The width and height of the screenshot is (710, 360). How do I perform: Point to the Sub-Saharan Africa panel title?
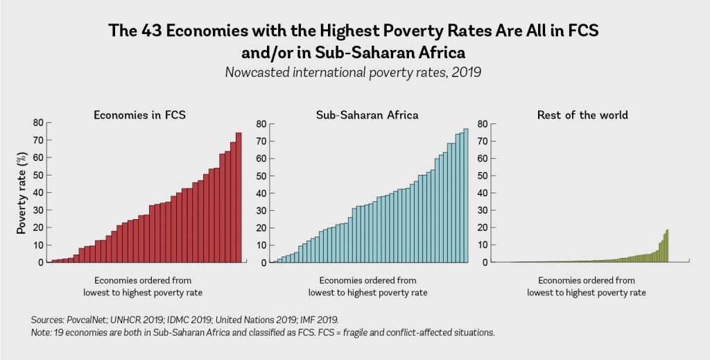[367, 114]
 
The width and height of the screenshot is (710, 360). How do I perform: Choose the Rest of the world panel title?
[582, 114]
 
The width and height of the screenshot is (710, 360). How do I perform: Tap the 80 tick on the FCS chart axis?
[38, 123]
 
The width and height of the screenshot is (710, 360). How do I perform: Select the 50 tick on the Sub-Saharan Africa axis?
[261, 176]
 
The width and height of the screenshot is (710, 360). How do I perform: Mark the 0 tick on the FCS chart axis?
[41, 263]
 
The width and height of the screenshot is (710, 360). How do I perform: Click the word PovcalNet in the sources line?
[94, 320]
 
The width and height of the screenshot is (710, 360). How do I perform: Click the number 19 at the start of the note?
[58, 333]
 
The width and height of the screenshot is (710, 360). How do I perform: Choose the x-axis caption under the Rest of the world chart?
[586, 286]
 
